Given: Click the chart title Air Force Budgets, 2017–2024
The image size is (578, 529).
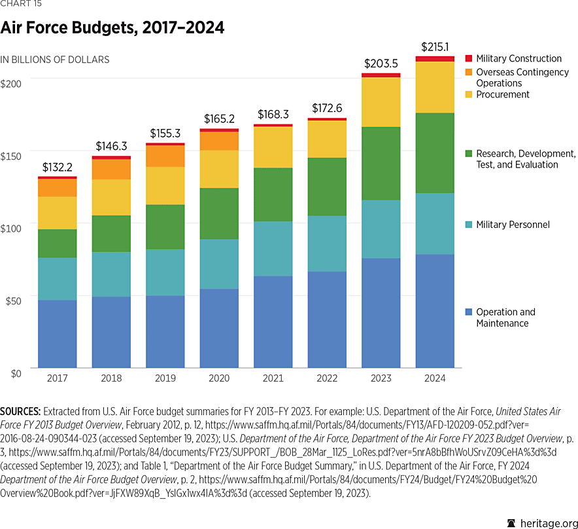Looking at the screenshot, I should pyautogui.click(x=112, y=28).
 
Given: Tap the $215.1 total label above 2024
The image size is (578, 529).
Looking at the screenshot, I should pyautogui.click(x=435, y=47).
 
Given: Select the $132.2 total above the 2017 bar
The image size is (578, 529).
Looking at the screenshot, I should pyautogui.click(x=58, y=168).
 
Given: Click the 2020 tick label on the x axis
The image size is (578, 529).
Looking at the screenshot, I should pyautogui.click(x=219, y=378).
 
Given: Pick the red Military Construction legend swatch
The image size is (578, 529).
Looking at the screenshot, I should pyautogui.click(x=467, y=59).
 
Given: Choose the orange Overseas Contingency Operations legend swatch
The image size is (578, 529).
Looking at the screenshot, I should pyautogui.click(x=467, y=72).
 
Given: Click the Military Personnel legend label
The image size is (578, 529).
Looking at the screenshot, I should pyautogui.click(x=513, y=225).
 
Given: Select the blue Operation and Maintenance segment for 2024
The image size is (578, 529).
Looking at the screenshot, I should pyautogui.click(x=435, y=310).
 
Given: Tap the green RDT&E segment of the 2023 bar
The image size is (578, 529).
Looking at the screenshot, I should pyautogui.click(x=381, y=163).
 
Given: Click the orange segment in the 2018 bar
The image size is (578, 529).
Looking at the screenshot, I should pyautogui.click(x=111, y=169).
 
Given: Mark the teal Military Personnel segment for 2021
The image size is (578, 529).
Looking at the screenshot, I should pyautogui.click(x=273, y=248).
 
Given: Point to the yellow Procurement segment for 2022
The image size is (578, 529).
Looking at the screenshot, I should pyautogui.click(x=327, y=139).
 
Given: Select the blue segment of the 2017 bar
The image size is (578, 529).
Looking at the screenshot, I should pyautogui.click(x=58, y=333).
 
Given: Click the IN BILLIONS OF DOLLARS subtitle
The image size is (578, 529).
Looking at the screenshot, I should pyautogui.click(x=55, y=60).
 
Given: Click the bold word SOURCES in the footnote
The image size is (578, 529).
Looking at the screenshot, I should pyautogui.click(x=20, y=411).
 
